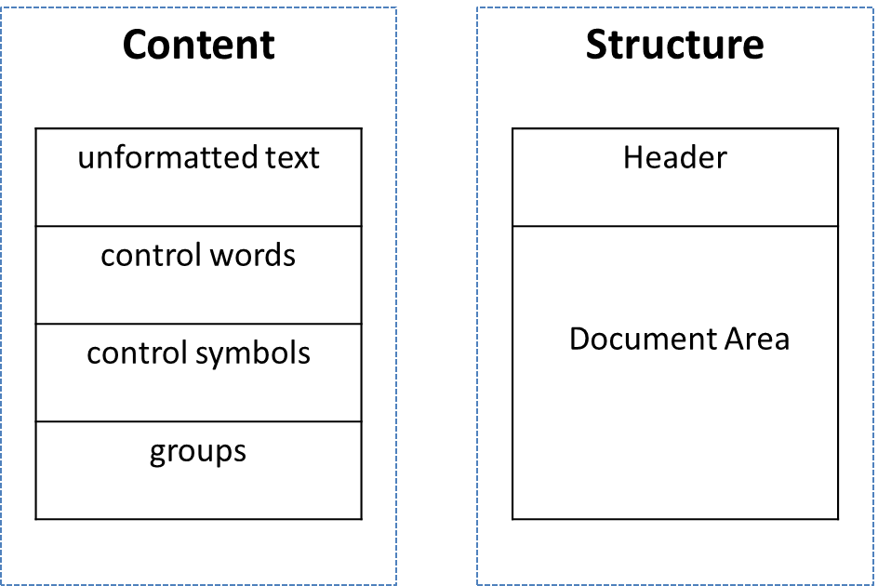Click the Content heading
tap(199, 45)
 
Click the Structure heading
tap(674, 45)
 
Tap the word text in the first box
tap(292, 158)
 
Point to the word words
tap(253, 256)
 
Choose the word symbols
tap(253, 354)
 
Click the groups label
tap(198, 453)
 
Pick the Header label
tap(675, 157)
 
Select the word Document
tap(644, 339)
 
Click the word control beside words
tap(152, 256)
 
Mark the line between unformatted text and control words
tap(199, 226)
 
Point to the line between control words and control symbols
tap(199, 324)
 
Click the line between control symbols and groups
tap(199, 421)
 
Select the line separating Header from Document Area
tap(675, 226)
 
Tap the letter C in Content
tap(136, 45)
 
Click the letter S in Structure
tap(597, 45)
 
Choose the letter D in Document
tap(579, 339)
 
